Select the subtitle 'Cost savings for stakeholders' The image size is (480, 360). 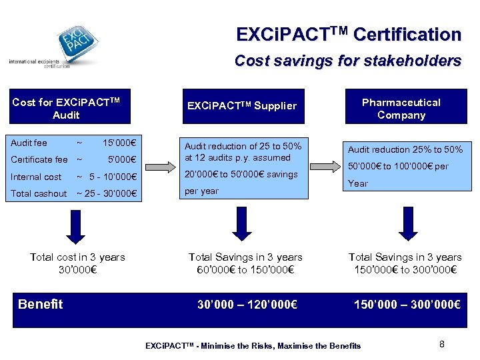(x=347, y=61)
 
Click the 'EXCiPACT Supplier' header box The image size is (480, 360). (x=241, y=106)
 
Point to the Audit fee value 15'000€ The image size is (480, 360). (x=119, y=143)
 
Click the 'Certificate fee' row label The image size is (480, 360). (x=39, y=159)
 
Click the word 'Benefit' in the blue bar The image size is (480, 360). (x=41, y=305)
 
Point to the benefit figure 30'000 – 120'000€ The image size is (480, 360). (x=247, y=305)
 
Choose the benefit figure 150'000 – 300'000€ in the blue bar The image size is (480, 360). (x=407, y=305)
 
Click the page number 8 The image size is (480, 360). (x=442, y=344)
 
